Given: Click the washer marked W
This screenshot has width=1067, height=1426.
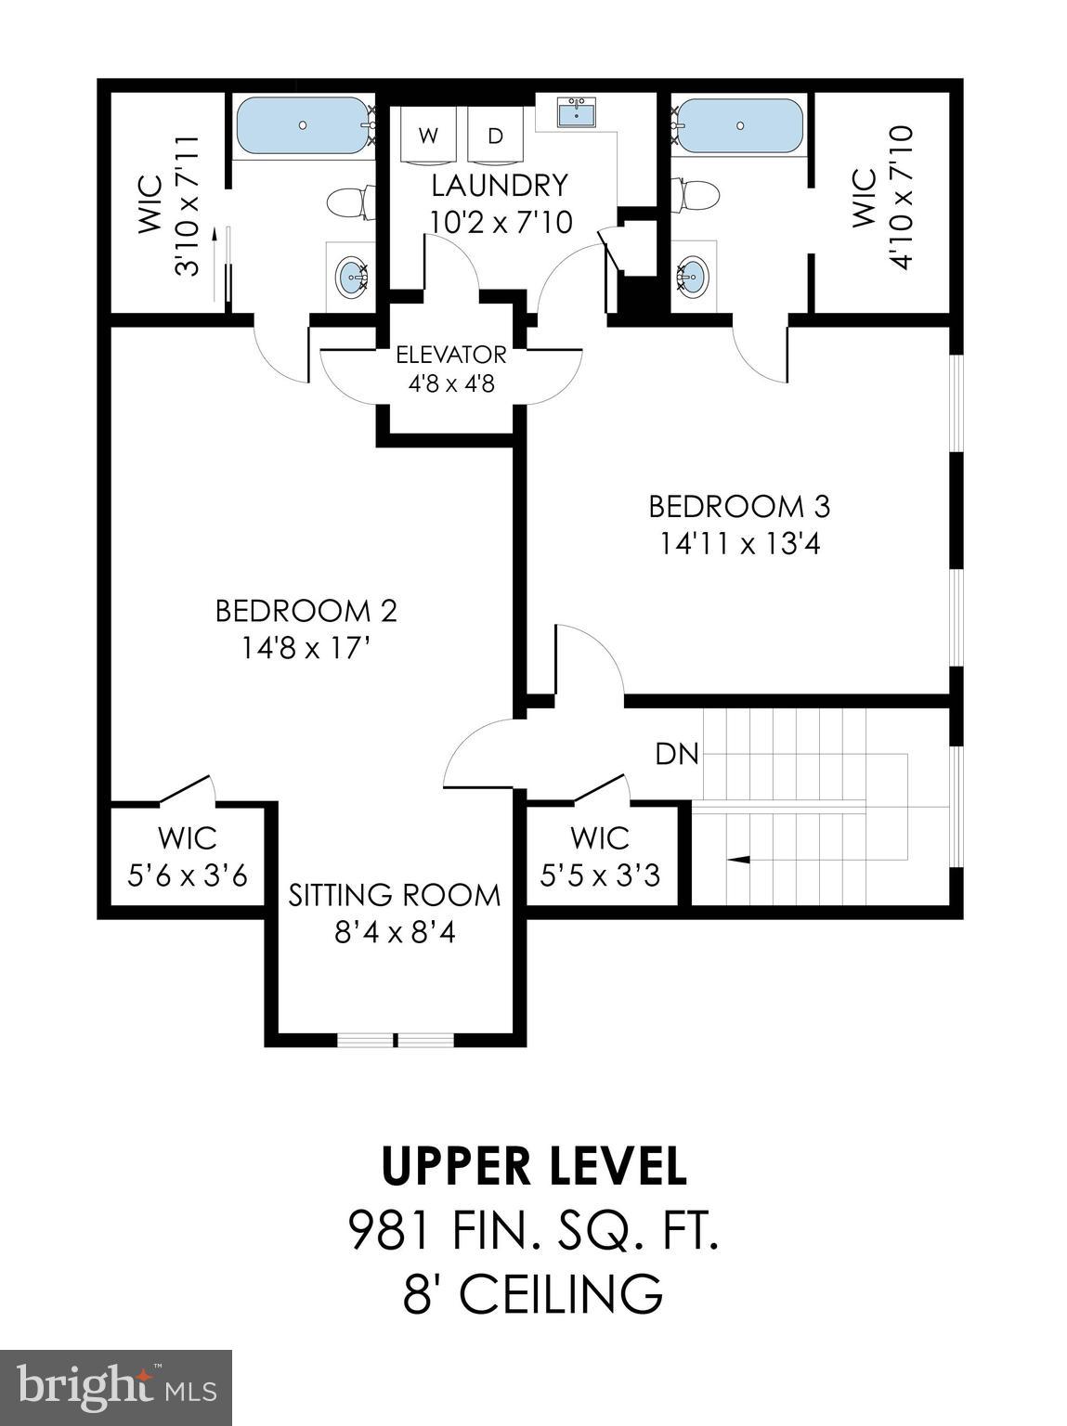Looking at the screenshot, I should pos(428,136).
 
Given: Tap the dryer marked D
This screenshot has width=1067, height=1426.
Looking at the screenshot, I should pos(496,136).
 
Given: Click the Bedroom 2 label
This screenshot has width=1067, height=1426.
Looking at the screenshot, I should pos(306,611).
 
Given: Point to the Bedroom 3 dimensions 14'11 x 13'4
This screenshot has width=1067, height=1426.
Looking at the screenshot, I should pos(739,543).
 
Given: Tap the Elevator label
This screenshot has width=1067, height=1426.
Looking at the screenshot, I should pos(451,355).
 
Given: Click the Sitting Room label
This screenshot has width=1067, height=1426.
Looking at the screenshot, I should pos(394,895).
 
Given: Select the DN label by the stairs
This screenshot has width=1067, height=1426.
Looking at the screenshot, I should pos(677,754).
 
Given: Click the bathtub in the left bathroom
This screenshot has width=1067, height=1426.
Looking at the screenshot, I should pos(303,125).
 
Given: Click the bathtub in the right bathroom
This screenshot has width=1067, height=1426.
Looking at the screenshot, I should pos(739,125).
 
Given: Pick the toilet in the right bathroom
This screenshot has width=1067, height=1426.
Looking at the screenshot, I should pos(698,195).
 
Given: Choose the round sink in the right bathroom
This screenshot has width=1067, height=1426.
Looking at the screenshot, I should pos(692,275).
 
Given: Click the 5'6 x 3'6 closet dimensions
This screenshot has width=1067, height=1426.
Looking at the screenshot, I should pos(188,875).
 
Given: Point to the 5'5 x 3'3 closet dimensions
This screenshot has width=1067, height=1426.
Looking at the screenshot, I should pos(600,875).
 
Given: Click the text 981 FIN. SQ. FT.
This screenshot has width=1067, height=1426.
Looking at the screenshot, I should pos(534,1232).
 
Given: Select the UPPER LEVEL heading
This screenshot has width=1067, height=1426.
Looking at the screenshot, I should pos(534,1167).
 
